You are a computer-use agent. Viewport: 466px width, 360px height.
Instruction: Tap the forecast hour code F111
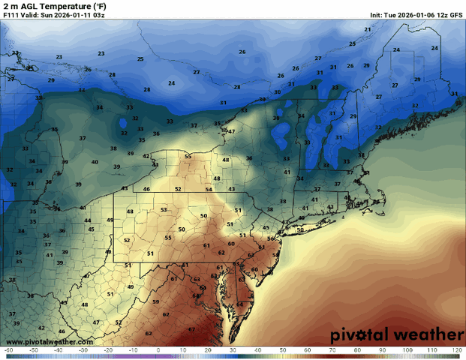11,15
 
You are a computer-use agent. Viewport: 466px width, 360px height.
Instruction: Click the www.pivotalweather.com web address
48,342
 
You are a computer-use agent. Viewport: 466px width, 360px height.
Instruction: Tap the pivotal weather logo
397,334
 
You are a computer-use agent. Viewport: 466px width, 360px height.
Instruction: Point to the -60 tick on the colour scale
8,350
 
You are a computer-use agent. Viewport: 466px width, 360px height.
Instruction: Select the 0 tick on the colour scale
158,350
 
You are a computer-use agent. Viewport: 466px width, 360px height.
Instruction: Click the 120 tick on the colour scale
457,350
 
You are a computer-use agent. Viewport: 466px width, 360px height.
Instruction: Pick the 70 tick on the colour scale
332,350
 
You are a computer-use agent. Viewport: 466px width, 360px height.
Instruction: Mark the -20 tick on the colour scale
108,350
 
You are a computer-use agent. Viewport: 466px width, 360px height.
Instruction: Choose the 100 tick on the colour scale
407,350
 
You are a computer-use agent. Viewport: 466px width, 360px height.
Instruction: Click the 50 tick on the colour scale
282,350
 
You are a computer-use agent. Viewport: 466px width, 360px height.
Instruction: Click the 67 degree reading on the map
191,329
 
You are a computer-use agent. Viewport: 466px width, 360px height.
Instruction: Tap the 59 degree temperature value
156,302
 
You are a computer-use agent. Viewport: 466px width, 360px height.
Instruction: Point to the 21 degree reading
368,29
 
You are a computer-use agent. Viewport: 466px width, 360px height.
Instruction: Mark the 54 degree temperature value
209,189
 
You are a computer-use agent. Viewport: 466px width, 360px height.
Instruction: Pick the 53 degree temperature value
163,210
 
